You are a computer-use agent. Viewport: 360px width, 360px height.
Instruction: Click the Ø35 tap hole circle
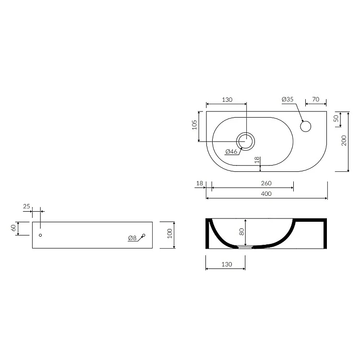tap(306, 126)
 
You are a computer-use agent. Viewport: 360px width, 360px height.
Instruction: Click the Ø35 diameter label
tap(288, 99)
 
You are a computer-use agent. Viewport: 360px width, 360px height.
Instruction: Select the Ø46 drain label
tap(231, 151)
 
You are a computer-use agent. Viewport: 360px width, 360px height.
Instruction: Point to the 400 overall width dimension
tap(266, 194)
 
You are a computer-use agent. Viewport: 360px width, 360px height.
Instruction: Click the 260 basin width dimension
tap(266, 183)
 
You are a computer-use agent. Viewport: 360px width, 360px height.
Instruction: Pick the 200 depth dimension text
tap(344, 141)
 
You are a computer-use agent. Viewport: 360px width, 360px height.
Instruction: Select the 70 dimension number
tap(316, 99)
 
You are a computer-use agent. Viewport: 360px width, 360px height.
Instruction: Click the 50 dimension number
tap(336, 119)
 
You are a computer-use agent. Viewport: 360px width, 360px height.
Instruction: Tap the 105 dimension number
tap(194, 125)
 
